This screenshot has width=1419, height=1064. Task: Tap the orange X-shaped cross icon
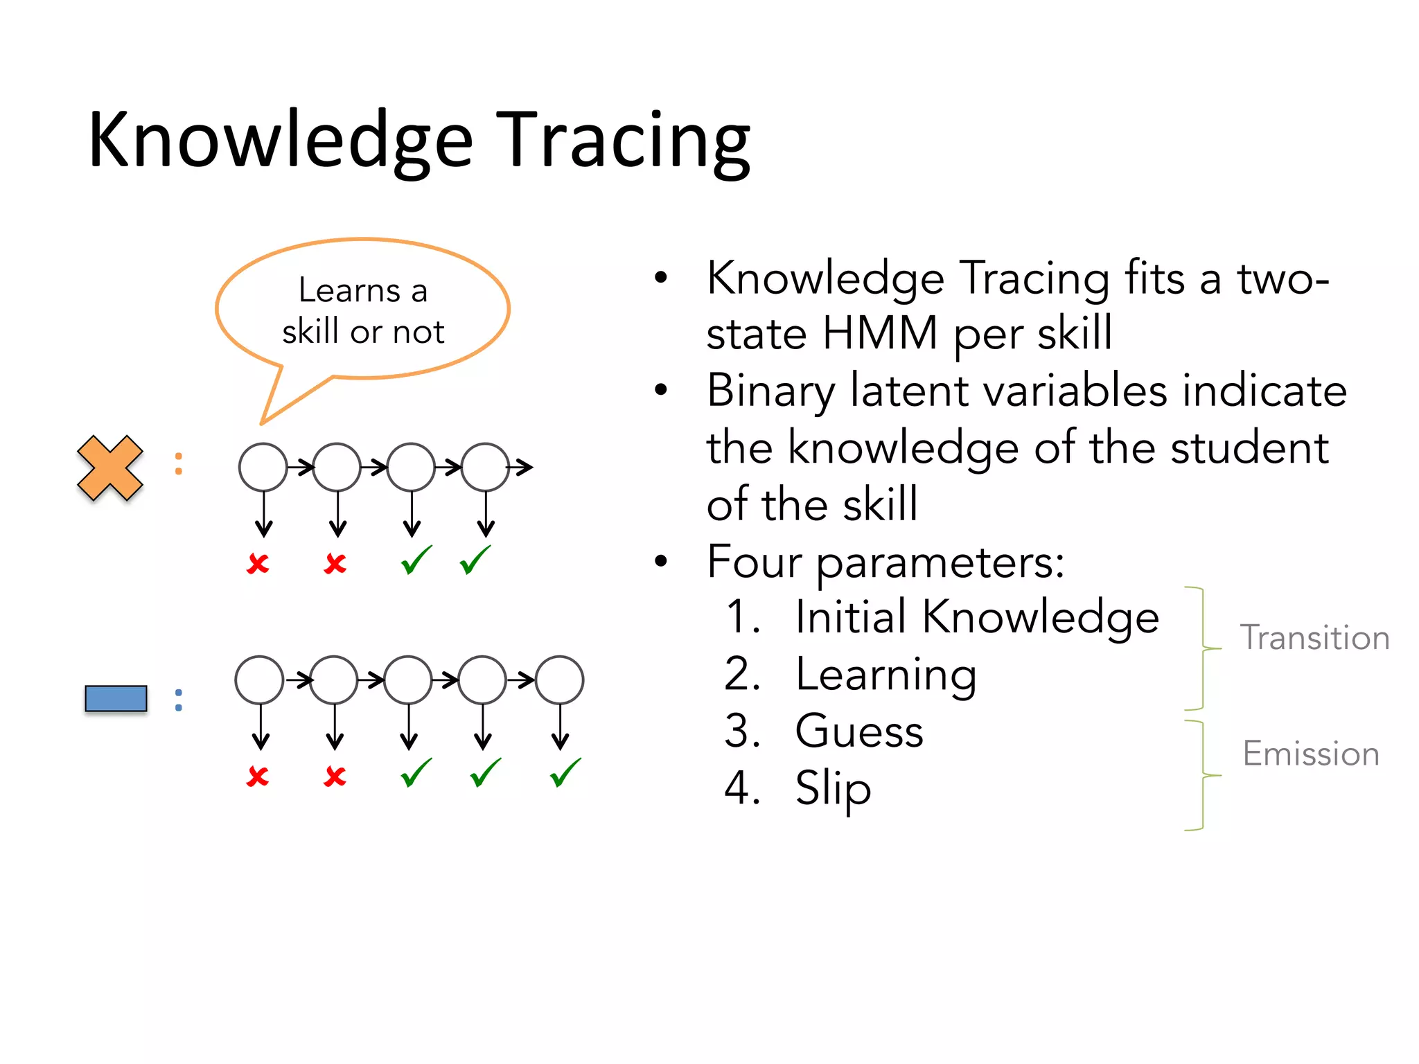[110, 468]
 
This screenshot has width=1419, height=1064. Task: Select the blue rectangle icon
[116, 698]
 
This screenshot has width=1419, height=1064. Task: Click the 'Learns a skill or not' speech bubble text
[363, 311]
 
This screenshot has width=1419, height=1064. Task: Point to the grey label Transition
[1314, 638]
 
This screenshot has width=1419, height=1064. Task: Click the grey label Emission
[1311, 754]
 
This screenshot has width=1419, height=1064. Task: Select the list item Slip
[832, 788]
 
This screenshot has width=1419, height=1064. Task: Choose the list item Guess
[859, 731]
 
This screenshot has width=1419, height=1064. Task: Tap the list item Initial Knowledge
[977, 617]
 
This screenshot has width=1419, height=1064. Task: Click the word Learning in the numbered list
[885, 674]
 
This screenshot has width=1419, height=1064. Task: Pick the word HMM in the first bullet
[880, 333]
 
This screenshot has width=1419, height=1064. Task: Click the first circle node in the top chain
[263, 468]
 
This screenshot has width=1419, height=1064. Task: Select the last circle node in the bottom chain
[560, 680]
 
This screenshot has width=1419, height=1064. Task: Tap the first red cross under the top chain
[258, 564]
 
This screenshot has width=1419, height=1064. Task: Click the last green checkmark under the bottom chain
[565, 772]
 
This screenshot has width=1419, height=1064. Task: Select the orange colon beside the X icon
[179, 463]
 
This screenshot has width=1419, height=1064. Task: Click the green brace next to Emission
[1204, 775]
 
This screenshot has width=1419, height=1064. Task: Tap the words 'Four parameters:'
[885, 561]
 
